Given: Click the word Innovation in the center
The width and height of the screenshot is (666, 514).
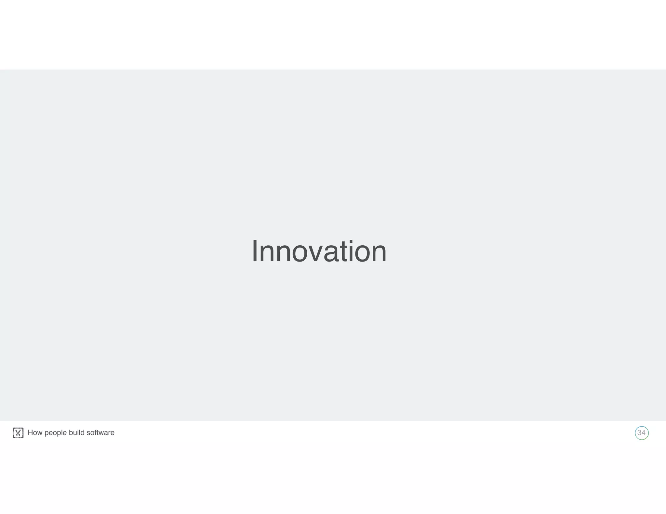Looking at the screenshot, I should point(319,251).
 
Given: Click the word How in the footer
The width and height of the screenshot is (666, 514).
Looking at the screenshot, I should point(35,433).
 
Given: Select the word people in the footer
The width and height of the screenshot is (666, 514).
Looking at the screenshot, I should point(56,433).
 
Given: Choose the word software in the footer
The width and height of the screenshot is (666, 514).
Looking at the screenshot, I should point(100,433).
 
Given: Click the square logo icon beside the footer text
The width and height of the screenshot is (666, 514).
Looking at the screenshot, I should point(18,433).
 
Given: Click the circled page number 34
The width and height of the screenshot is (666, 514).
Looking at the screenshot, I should point(642,433).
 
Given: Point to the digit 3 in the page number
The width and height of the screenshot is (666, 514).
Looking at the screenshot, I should point(639,433).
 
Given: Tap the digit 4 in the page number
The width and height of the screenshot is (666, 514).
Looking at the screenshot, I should point(644,433).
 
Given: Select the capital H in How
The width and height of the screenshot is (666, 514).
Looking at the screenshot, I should point(30,433).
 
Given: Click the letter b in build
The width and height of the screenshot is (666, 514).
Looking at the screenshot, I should point(71,433).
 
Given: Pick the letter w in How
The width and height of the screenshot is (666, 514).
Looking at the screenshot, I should point(40,433).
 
